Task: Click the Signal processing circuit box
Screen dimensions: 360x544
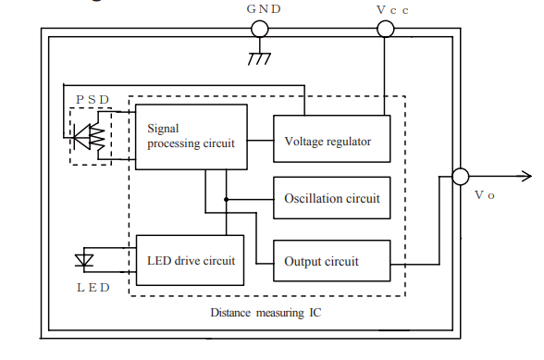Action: click(192, 137)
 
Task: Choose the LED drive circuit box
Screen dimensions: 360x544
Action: click(192, 260)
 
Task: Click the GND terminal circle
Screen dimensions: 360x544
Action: click(260, 29)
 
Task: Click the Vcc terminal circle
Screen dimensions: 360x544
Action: click(385, 29)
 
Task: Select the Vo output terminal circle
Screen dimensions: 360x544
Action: click(460, 176)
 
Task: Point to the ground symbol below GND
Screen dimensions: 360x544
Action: click(260, 58)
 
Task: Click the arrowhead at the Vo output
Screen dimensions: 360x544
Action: click(526, 176)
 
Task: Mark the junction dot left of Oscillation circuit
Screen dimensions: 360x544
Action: click(225, 199)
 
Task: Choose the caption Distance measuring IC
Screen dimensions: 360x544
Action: click(267, 313)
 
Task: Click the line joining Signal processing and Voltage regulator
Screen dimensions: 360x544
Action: click(260, 142)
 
